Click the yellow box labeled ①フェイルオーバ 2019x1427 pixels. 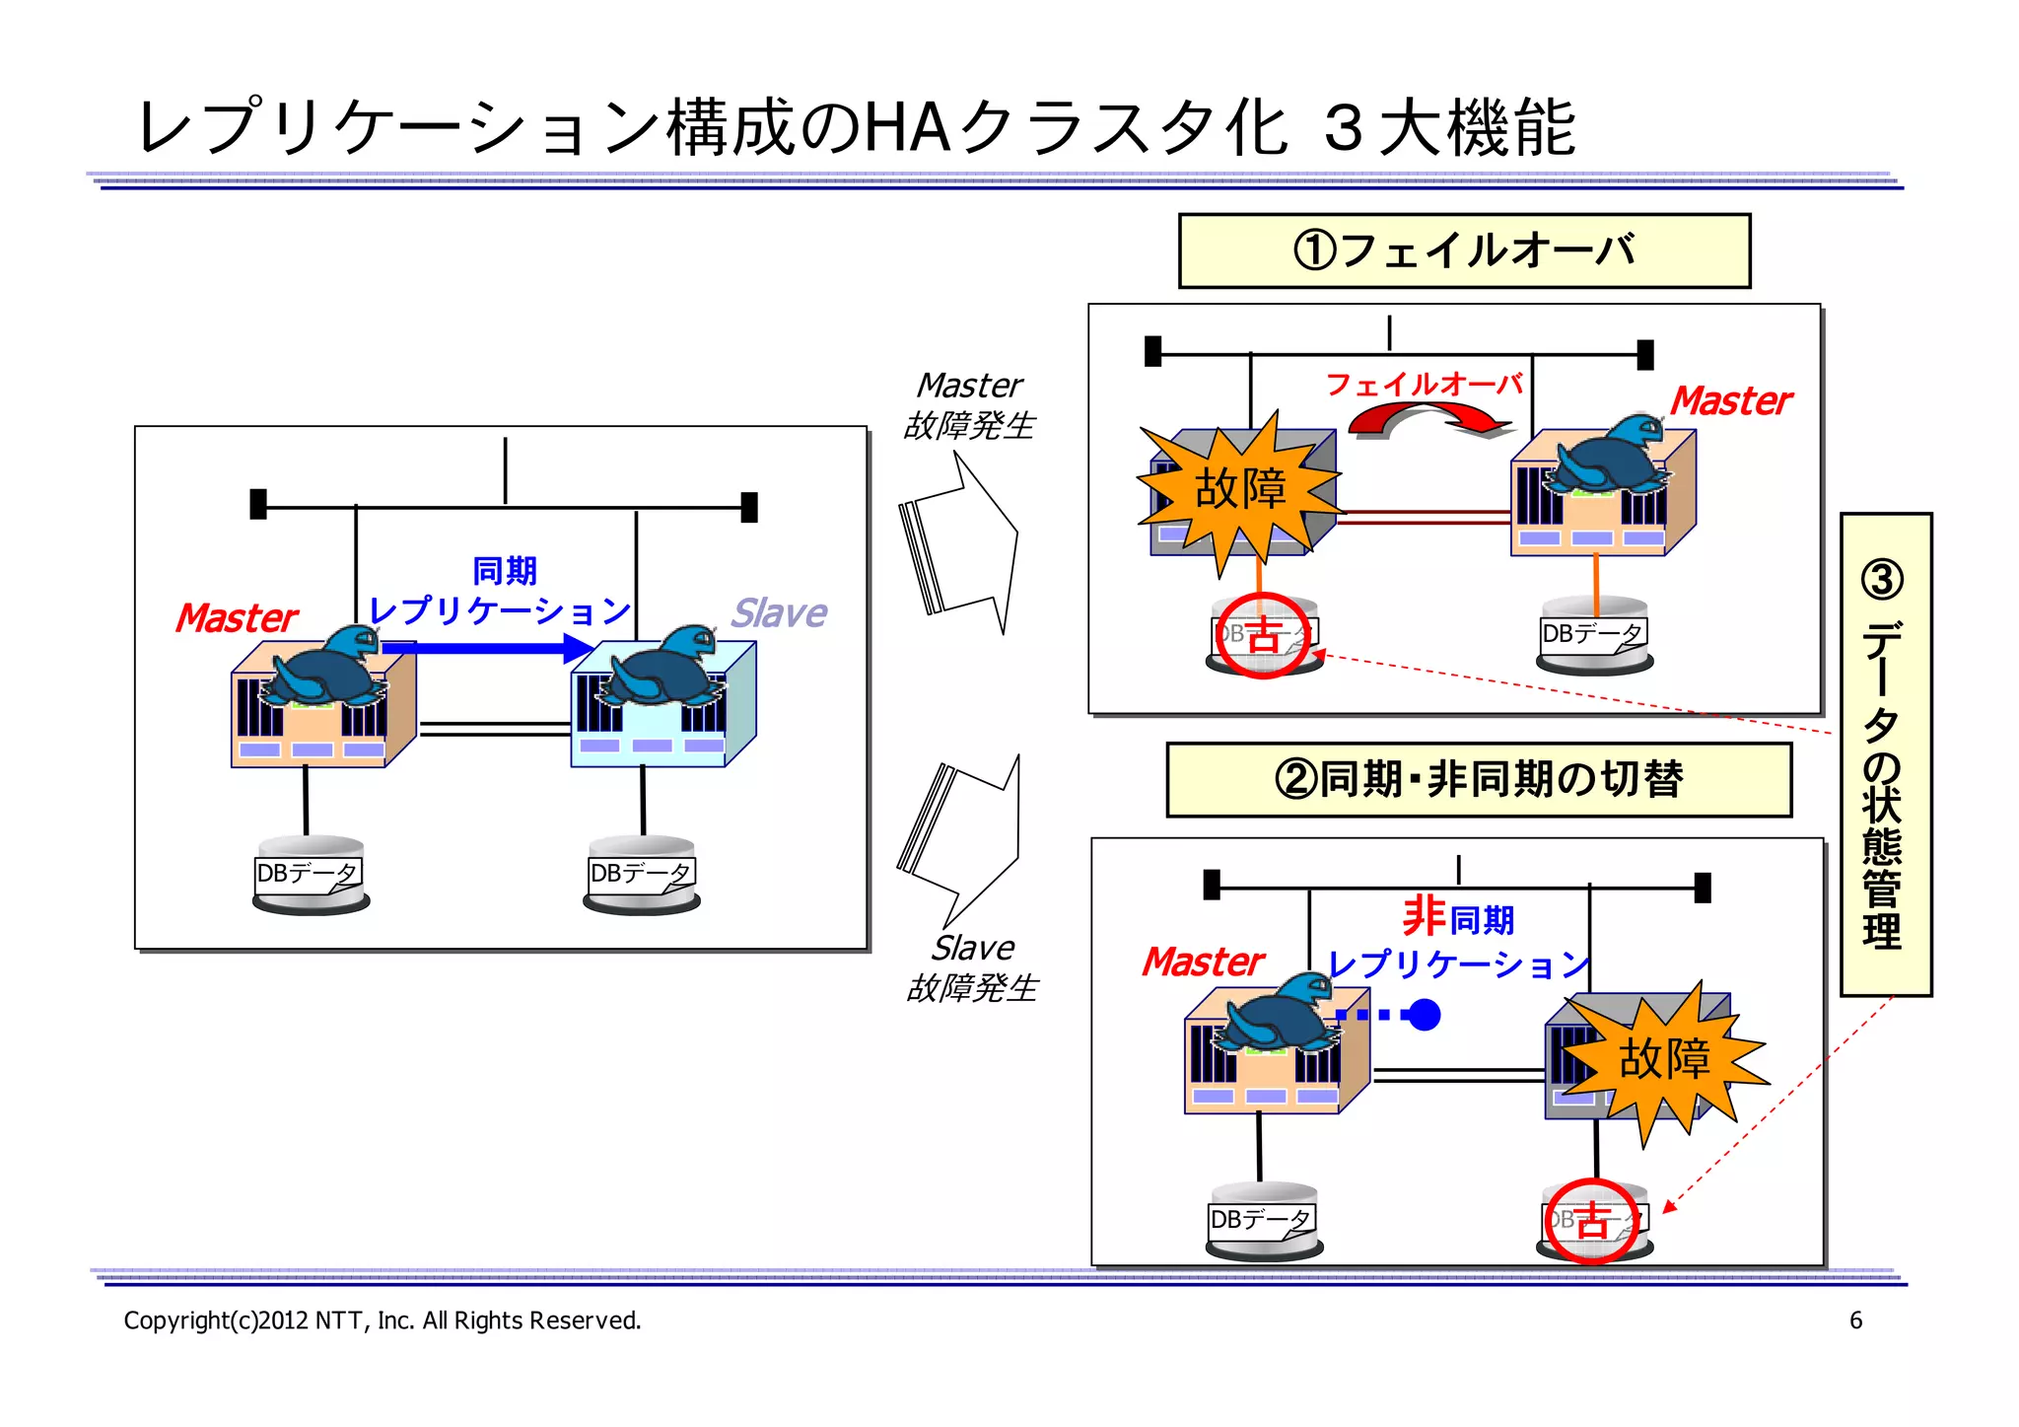point(1464,250)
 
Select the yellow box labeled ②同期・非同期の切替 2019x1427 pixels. point(1478,779)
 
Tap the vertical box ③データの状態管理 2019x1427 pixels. point(1884,754)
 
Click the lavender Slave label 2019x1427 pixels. point(778,613)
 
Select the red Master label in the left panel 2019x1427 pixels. point(236,618)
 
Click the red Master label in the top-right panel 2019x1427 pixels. point(1730,401)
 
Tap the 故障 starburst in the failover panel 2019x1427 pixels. point(1240,489)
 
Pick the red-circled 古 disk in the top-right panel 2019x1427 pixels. point(1263,636)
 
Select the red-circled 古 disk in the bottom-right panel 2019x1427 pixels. point(1592,1221)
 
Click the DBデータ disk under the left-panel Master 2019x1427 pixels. point(310,875)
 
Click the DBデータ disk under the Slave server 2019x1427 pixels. point(642,875)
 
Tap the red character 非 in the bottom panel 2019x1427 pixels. point(1424,916)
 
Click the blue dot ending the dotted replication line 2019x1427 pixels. point(1424,1015)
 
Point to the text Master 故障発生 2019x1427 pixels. point(969,405)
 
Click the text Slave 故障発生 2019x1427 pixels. point(972,967)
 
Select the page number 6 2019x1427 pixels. point(1855,1320)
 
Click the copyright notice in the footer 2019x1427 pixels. point(383,1320)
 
